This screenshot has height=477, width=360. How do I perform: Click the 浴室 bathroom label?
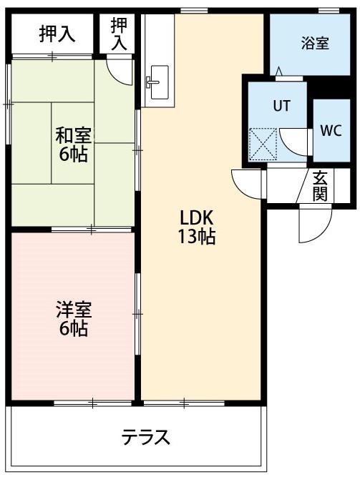315,43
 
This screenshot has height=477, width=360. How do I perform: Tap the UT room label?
282,106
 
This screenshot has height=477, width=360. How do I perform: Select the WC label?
331,130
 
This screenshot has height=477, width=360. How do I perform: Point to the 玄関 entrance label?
321,185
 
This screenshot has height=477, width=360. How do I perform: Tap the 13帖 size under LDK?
196,237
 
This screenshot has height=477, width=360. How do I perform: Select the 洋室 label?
74,310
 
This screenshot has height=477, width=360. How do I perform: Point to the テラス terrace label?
145,437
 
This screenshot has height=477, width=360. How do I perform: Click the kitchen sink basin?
160,82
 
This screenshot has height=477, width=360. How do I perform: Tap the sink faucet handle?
152,82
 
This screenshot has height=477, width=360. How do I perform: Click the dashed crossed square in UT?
263,144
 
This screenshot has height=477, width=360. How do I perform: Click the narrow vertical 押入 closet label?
119,34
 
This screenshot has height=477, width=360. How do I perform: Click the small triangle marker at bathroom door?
278,72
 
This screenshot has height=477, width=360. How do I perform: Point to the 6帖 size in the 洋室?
74,328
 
